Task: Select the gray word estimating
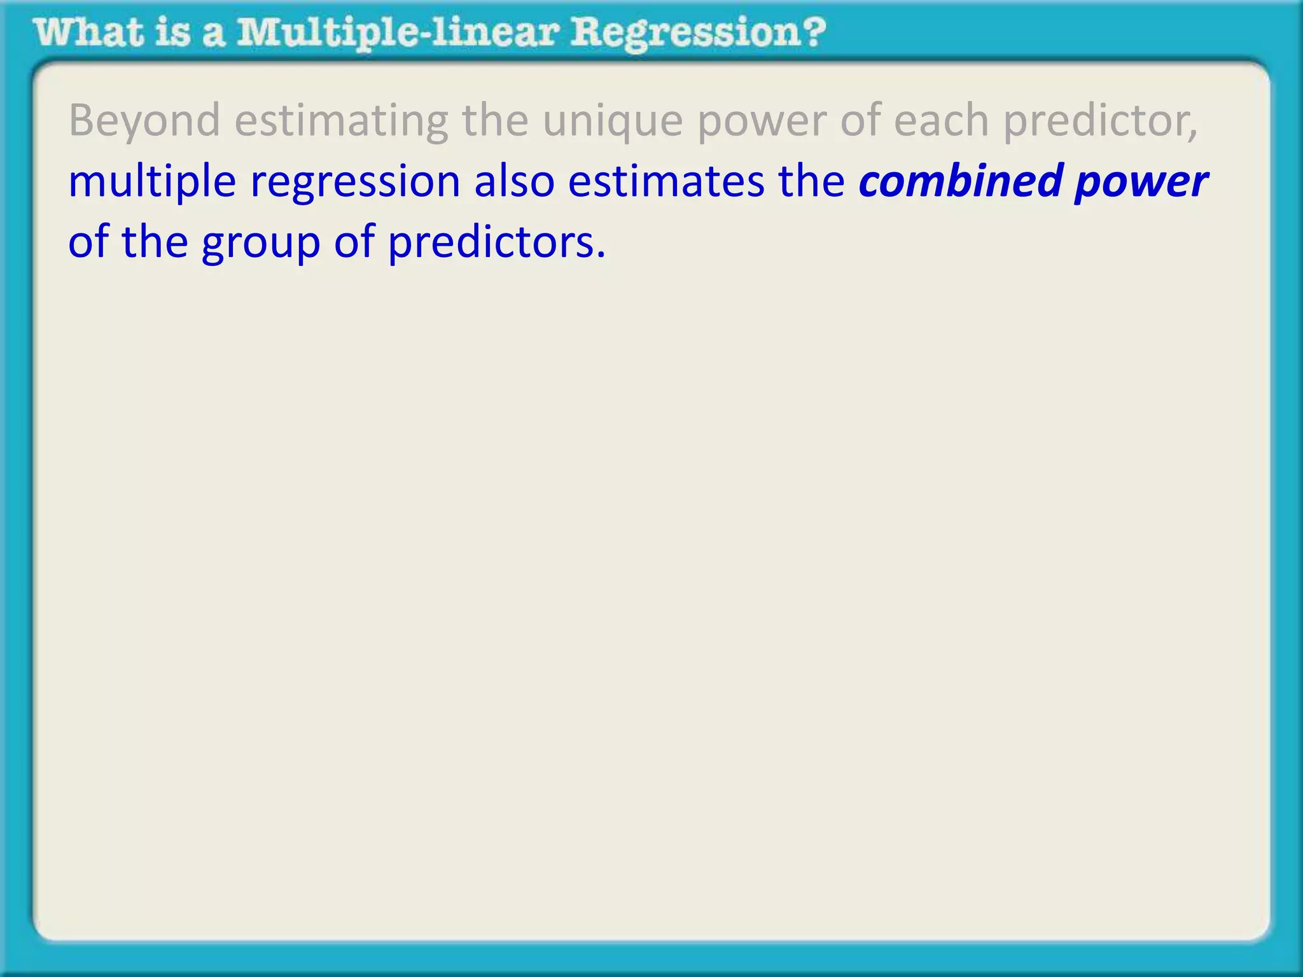341,121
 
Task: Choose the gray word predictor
1095,121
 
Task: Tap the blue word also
514,181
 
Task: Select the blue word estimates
665,181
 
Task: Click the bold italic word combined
960,181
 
